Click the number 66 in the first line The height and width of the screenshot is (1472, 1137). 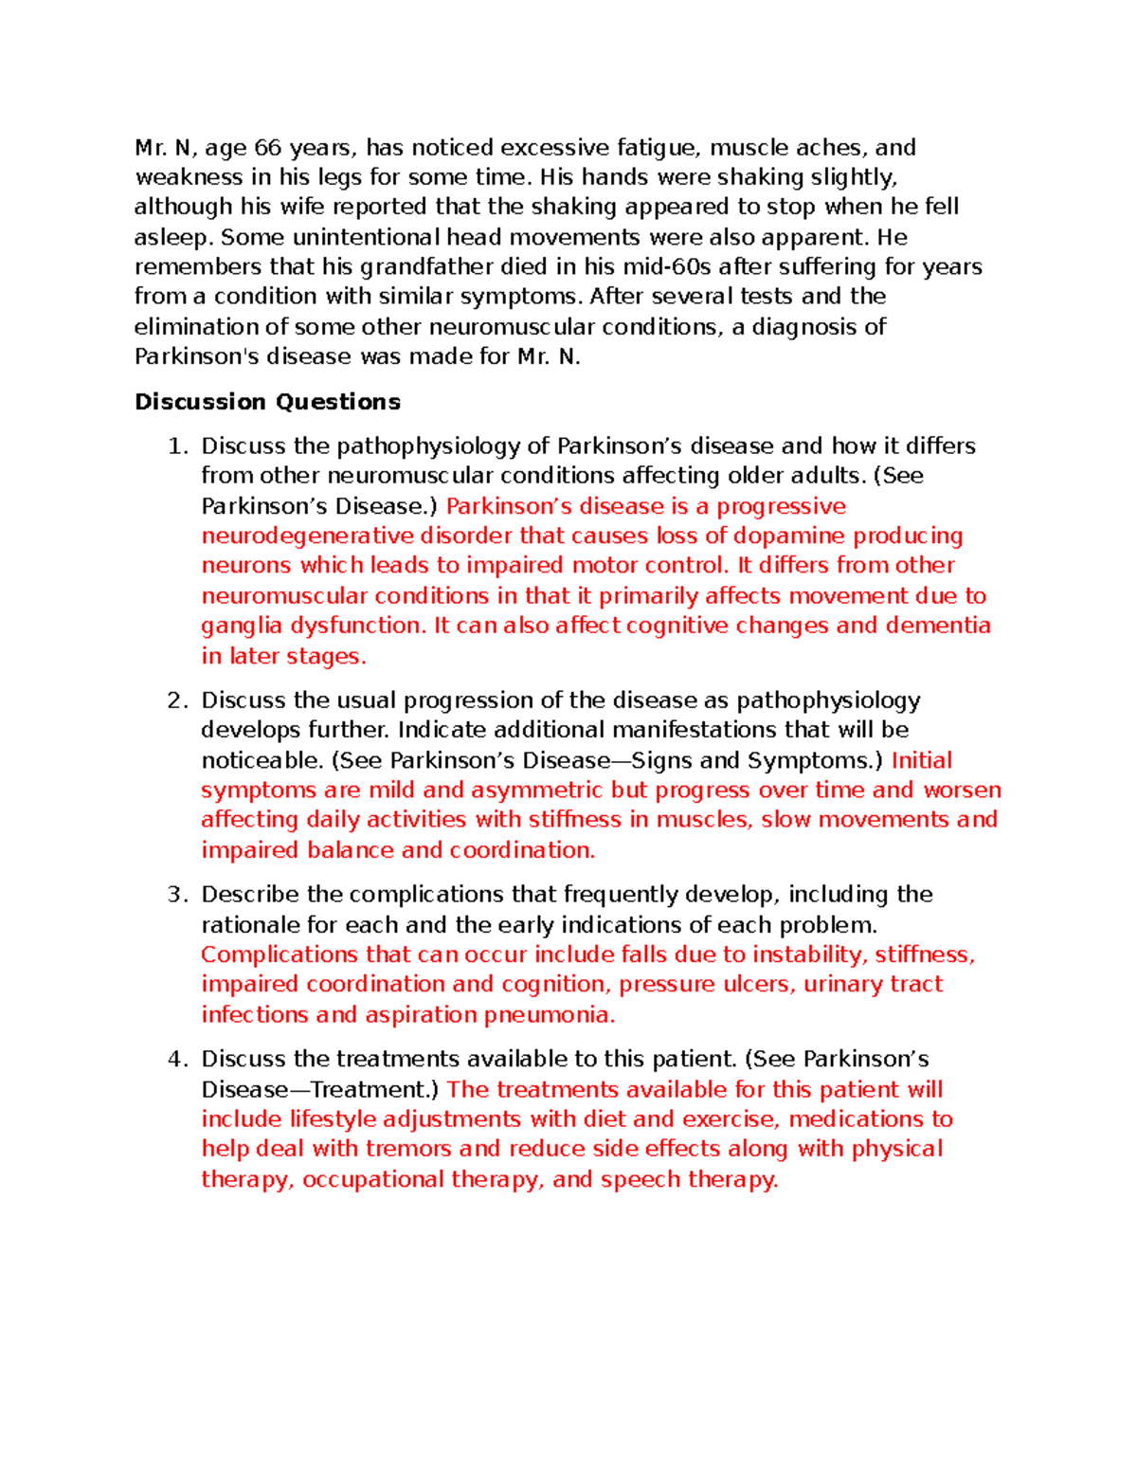click(268, 148)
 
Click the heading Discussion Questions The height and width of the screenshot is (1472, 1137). click(267, 402)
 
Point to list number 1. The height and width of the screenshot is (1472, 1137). click(175, 446)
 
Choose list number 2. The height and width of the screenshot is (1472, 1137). click(175, 700)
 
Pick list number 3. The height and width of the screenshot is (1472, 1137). click(175, 895)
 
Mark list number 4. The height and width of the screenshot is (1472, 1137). click(175, 1060)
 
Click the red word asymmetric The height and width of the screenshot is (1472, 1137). click(536, 791)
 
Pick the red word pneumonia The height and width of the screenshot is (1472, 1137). click(550, 1015)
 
